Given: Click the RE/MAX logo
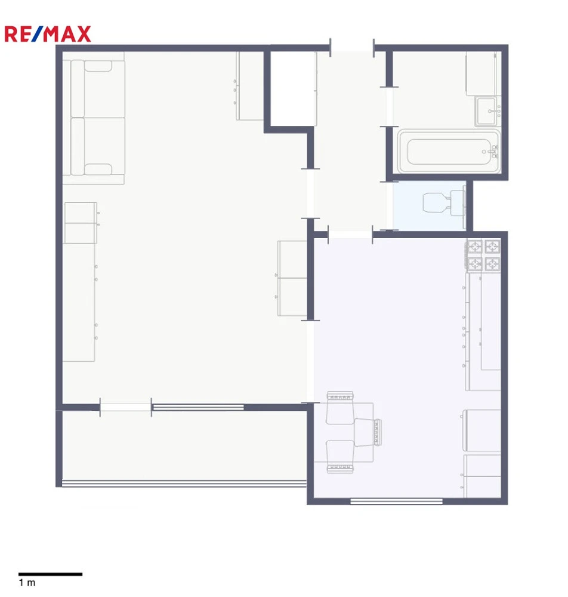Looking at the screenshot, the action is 48,34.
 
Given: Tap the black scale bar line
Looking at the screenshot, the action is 50,574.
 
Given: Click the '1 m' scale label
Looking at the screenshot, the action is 27,583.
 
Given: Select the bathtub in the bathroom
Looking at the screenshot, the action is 449,151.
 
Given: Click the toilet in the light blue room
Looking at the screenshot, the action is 444,202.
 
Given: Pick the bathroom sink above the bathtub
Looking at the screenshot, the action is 488,111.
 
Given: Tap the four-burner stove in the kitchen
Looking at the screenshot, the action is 483,255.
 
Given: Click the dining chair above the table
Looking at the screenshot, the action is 340,407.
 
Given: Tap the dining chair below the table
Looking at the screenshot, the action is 340,457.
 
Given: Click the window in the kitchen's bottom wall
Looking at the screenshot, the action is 396,501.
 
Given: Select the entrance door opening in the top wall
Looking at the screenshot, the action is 352,48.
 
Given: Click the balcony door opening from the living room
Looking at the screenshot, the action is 125,407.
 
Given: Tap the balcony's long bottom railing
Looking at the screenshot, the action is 184,484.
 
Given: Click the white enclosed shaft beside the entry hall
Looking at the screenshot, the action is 293,88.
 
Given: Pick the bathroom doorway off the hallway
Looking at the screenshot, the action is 389,107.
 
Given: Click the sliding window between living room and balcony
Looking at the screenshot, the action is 198,407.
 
